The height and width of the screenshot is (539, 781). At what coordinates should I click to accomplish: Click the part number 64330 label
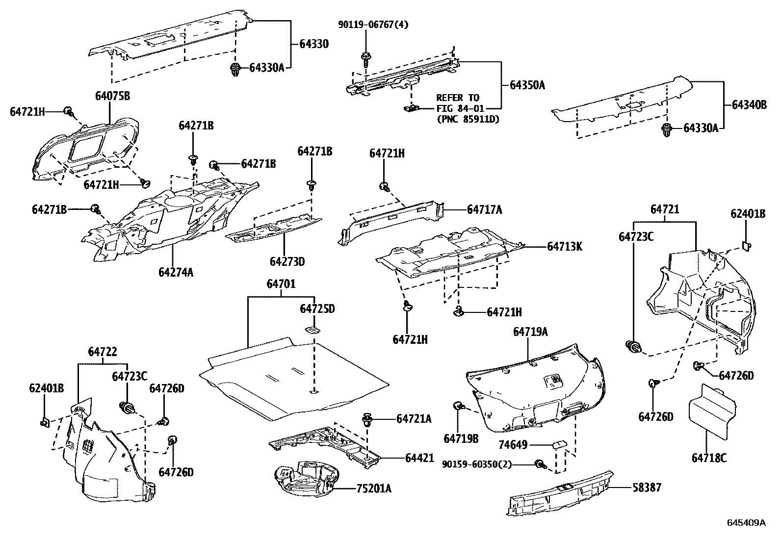[x=314, y=44]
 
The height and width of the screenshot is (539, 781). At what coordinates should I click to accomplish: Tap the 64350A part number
[x=527, y=85]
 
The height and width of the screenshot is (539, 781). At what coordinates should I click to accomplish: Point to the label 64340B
[x=749, y=104]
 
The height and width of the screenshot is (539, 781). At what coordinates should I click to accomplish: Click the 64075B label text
[x=112, y=96]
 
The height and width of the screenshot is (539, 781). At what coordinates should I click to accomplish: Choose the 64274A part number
[x=176, y=271]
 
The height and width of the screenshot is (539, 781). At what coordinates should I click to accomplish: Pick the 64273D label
[x=287, y=261]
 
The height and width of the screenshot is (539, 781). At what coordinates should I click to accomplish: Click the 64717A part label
[x=484, y=210]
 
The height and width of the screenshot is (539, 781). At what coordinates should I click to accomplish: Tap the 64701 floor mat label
[x=281, y=284]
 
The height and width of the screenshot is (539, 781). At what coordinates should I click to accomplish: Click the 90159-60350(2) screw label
[x=476, y=463]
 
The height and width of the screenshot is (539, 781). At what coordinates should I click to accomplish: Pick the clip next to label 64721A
[x=367, y=420]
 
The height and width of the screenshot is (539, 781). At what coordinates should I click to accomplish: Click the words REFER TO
[x=457, y=98]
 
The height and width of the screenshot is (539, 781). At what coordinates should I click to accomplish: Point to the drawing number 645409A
[x=746, y=522]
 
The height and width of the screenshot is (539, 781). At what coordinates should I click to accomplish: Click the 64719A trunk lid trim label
[x=530, y=332]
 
